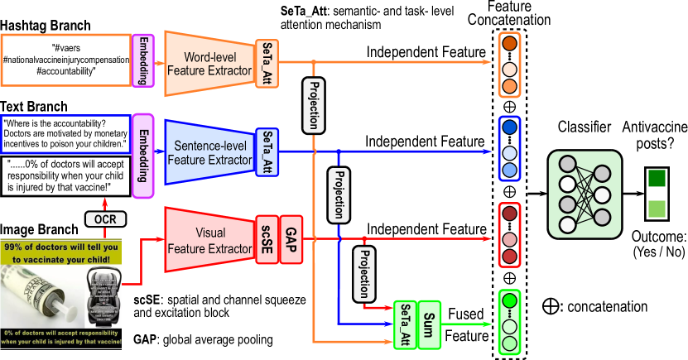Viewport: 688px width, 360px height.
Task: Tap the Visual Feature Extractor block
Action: [209, 239]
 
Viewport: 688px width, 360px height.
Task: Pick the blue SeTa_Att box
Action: [267, 152]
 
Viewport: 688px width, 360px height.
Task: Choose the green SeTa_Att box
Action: [405, 325]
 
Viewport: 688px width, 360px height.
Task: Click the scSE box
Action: [267, 239]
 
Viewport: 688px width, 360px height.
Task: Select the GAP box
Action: [291, 239]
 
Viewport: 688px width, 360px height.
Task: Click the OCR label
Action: [105, 219]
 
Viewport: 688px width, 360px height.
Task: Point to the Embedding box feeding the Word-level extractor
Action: [143, 60]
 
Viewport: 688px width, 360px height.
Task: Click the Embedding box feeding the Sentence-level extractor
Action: [143, 156]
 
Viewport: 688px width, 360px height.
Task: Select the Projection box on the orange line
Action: [313, 106]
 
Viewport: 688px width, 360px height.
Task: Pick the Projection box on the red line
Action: [363, 273]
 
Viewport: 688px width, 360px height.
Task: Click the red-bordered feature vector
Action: [509, 235]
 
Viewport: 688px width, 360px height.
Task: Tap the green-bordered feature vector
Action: [509, 321]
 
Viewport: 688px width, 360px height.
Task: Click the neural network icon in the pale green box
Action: [585, 194]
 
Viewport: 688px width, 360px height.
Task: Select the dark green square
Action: [657, 178]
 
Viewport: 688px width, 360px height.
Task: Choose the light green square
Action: [657, 209]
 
